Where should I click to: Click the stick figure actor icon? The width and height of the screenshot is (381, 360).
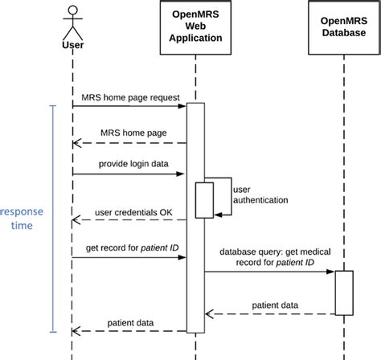(x=72, y=24)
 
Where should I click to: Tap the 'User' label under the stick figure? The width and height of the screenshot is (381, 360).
(x=72, y=45)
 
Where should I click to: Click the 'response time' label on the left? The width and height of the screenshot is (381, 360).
(x=23, y=219)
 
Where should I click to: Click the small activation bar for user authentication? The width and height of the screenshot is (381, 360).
(x=204, y=199)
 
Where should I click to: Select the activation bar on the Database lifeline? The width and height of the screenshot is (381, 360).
(x=344, y=292)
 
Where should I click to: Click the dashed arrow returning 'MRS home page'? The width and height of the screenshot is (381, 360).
(x=129, y=143)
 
